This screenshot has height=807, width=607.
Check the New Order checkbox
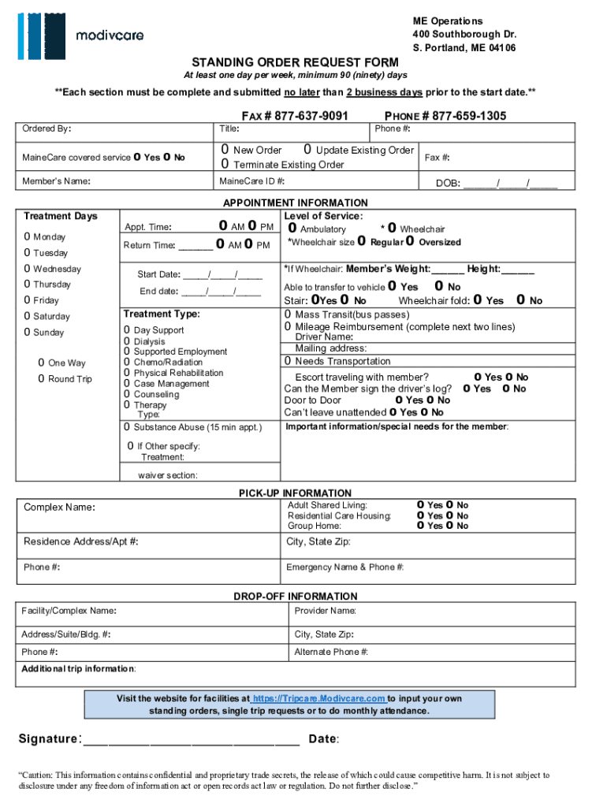[225, 150]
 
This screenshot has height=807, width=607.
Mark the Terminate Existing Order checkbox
[225, 165]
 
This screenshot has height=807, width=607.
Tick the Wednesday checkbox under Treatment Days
[28, 269]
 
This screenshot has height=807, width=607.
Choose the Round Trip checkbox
[42, 379]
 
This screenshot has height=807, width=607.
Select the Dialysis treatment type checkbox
[127, 341]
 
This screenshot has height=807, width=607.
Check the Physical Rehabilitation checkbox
[127, 373]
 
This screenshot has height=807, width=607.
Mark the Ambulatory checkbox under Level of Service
[292, 229]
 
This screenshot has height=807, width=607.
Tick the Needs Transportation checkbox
[289, 361]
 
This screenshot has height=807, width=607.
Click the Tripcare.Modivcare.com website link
[318, 699]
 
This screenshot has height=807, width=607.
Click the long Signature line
[191, 740]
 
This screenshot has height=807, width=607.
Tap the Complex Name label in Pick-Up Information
[59, 507]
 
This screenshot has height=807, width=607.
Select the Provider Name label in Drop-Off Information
[325, 611]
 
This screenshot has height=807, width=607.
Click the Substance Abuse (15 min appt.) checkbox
[127, 427]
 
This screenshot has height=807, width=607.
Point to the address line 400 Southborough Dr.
[464, 35]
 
